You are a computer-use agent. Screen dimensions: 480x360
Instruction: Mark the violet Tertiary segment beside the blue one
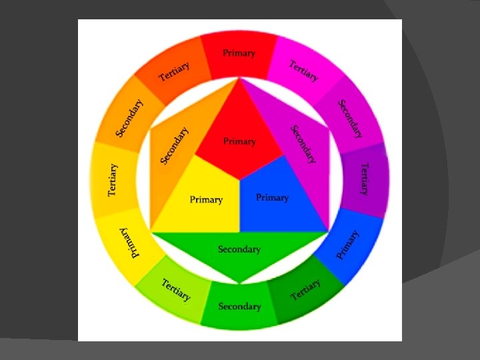364,179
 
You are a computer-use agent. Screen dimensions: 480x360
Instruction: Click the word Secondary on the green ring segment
239,307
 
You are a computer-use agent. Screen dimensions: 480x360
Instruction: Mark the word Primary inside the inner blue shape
272,197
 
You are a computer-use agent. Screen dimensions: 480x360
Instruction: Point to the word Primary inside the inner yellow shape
206,199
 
